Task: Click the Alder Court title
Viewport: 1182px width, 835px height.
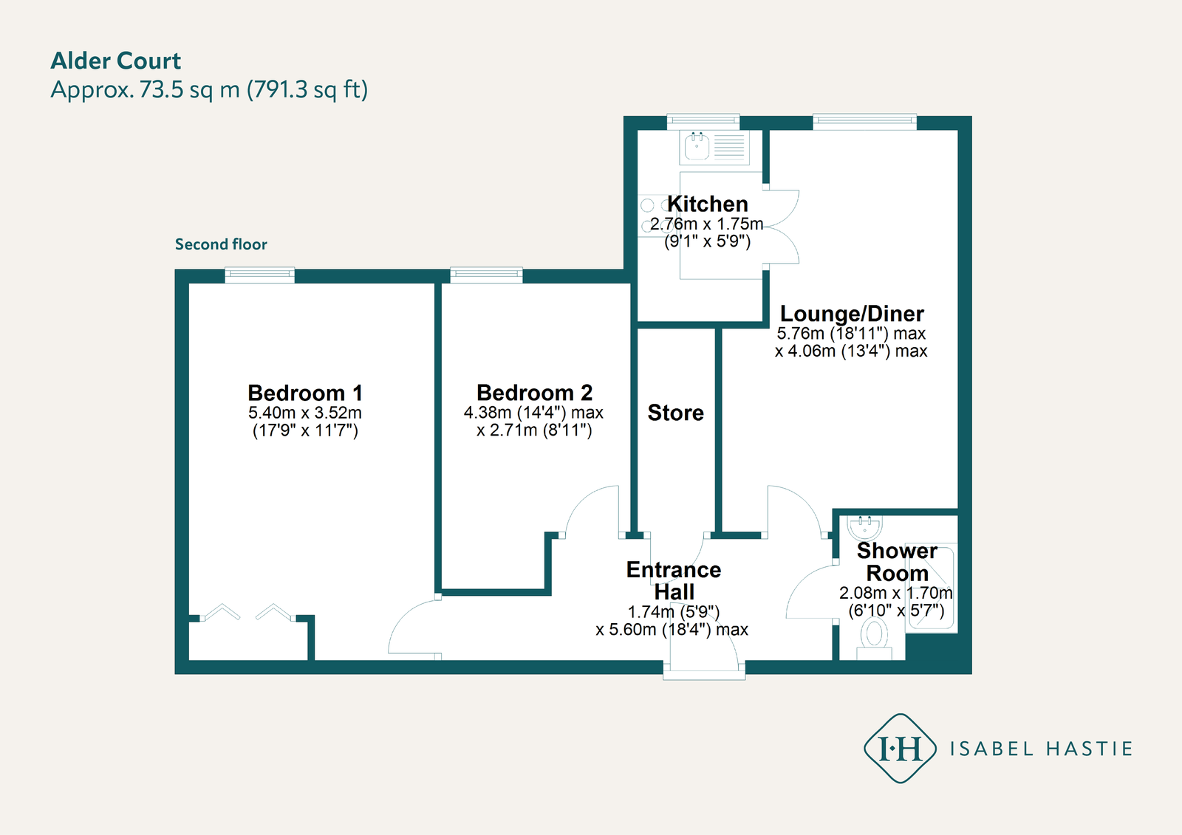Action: click(x=116, y=61)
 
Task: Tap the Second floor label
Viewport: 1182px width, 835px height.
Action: click(x=221, y=244)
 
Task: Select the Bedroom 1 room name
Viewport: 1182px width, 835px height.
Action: click(x=305, y=393)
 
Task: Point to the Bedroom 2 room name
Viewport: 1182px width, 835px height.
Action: click(x=534, y=393)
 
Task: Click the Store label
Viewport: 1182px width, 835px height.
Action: click(x=675, y=413)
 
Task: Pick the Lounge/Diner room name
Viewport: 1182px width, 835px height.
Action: click(x=852, y=314)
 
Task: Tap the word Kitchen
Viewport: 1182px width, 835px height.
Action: click(x=708, y=204)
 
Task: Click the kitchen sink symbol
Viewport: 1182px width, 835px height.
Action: click(x=697, y=147)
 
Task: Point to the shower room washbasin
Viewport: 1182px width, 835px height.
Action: click(x=864, y=526)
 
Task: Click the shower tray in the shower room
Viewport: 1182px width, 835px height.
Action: click(x=932, y=588)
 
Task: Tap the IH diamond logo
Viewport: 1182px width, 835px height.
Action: click(x=900, y=749)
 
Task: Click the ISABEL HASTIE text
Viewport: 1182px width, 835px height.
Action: click(x=1041, y=749)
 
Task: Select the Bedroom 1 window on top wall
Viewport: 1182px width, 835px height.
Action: click(x=259, y=275)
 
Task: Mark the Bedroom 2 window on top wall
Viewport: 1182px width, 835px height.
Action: click(x=486, y=275)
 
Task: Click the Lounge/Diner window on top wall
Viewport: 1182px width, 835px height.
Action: click(x=864, y=122)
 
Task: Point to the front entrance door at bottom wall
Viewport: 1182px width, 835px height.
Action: click(x=704, y=668)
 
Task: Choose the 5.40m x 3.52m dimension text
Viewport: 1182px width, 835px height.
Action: click(x=305, y=413)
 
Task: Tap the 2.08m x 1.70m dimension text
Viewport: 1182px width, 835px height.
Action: click(x=895, y=593)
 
